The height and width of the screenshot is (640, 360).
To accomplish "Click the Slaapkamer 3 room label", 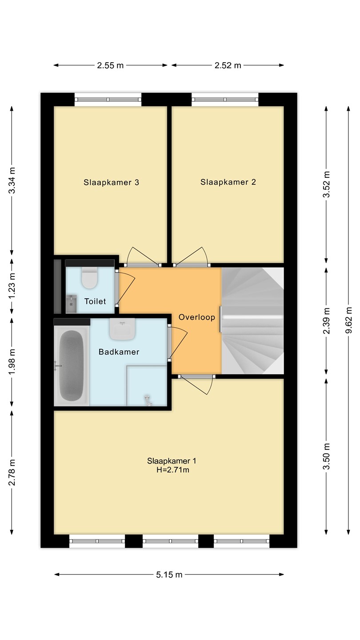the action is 111,182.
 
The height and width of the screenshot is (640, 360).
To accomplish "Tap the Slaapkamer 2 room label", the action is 228,182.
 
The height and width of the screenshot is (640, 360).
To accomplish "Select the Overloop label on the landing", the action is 197,317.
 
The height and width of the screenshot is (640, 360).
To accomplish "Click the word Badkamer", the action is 119,352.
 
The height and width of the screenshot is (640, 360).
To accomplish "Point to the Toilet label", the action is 95,301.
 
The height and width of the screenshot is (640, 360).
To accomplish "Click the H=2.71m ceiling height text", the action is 173,470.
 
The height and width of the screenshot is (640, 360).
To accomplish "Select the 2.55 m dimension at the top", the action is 110,65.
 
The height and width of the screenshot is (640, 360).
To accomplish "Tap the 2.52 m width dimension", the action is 228,65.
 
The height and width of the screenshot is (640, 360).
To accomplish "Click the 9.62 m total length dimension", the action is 348,320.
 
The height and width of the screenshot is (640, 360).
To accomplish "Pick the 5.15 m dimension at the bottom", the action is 169,575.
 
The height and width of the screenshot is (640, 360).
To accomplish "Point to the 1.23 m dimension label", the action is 12,286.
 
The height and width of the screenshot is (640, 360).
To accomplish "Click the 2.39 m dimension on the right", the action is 326,321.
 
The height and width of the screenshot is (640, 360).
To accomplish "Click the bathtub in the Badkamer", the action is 72,366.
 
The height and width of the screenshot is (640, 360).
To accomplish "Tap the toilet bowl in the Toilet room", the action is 90,278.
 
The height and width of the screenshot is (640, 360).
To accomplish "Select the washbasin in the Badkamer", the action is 123,329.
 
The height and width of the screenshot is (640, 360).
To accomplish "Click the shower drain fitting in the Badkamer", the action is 148,400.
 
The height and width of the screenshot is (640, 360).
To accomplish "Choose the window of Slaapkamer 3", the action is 108,100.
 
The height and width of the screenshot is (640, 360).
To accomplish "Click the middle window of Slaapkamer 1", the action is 170,541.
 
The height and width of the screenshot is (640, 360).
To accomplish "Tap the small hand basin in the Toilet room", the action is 72,304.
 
